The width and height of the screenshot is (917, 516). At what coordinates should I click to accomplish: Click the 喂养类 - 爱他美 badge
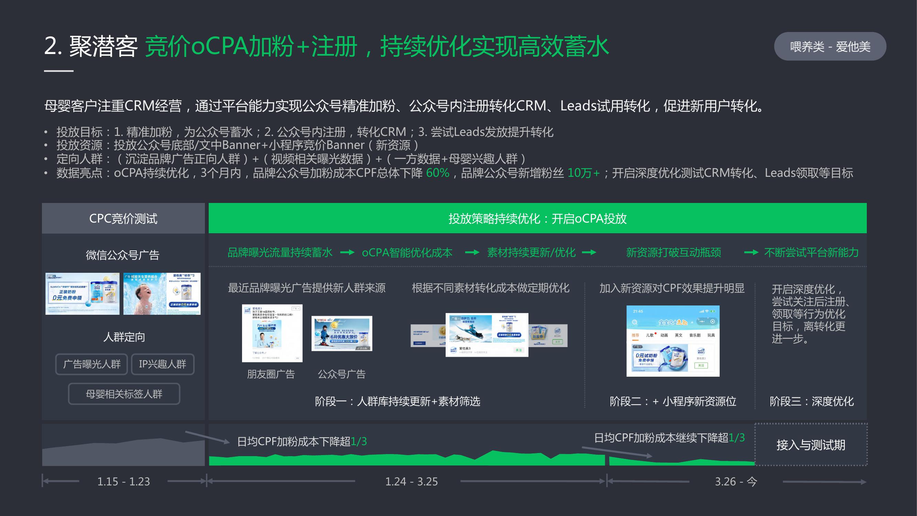830,47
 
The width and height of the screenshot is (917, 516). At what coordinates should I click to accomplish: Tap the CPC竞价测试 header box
123,218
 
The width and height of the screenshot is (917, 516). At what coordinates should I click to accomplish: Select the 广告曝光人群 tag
91,364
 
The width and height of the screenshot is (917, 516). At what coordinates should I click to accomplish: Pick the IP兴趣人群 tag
162,364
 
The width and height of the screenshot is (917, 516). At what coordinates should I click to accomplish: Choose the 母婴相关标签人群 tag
124,394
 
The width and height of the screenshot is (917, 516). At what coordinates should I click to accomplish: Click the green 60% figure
437,173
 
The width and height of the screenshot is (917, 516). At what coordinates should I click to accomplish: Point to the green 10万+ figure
583,173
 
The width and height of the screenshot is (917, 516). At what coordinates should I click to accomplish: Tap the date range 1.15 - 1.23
123,482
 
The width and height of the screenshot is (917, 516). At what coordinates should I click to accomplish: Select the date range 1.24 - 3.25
411,482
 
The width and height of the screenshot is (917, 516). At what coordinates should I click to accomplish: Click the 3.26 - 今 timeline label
736,482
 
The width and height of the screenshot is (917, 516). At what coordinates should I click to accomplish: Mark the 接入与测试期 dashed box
810,445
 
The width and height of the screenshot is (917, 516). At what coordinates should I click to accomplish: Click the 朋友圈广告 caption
271,374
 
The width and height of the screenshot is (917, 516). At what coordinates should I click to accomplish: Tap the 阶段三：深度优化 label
811,401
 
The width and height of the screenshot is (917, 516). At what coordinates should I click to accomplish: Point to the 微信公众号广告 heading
122,255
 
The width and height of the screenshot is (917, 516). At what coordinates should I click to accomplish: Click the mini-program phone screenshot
673,341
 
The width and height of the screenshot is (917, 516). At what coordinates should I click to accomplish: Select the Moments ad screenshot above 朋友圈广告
272,333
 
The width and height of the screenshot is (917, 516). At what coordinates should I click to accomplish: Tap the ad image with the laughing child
162,294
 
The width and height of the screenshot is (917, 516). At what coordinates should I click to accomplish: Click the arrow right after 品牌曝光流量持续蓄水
347,252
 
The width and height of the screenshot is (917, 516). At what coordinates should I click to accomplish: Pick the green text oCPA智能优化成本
407,252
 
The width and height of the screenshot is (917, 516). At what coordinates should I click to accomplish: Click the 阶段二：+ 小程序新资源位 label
673,401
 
